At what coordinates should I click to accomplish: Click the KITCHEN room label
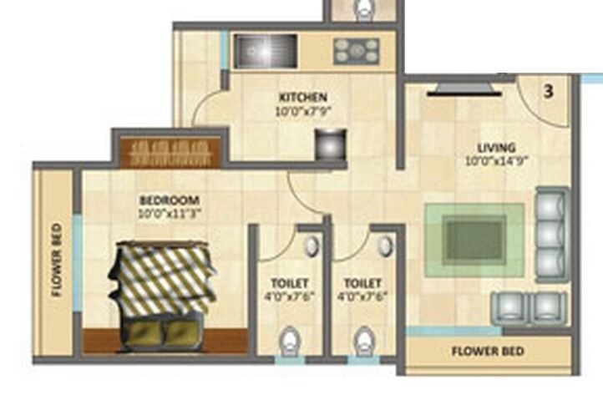pos(302,97)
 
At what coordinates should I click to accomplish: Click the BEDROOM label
pos(169,200)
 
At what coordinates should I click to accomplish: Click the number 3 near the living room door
pos(549,92)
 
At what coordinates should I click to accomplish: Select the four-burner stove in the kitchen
pos(357,51)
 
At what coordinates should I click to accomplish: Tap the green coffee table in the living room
pos(474,240)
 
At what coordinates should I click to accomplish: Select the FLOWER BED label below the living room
pos(489,352)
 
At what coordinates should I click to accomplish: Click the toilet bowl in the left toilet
pos(288,342)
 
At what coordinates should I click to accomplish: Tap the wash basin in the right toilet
pos(385,246)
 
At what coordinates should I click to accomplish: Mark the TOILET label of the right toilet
pos(362,284)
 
